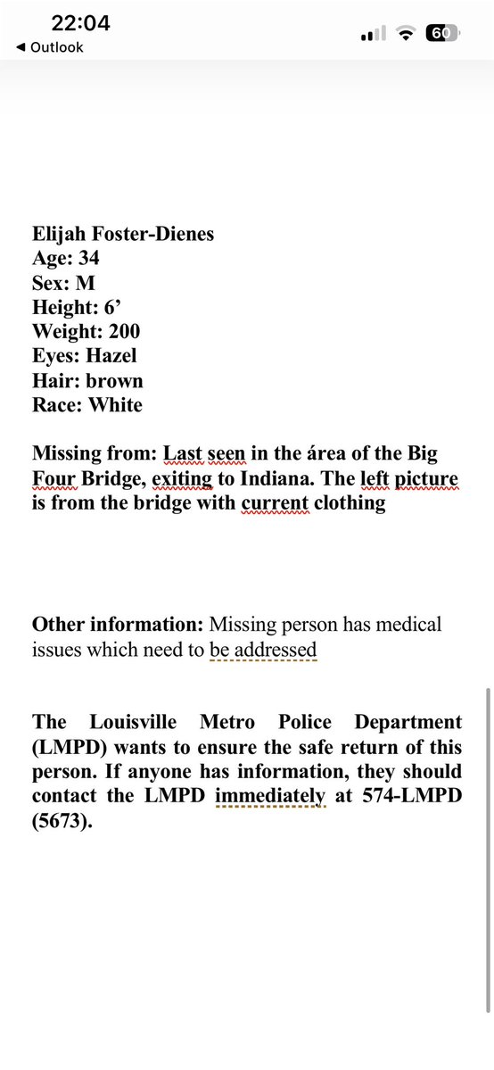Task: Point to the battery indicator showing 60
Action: [x=443, y=33]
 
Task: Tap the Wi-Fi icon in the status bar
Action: [x=407, y=34]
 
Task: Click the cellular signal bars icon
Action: [x=373, y=34]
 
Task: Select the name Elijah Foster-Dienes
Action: [x=123, y=235]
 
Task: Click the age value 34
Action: [x=89, y=259]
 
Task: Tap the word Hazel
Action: [x=113, y=356]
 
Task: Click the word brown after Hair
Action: [x=114, y=381]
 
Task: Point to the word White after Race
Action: [x=115, y=405]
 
